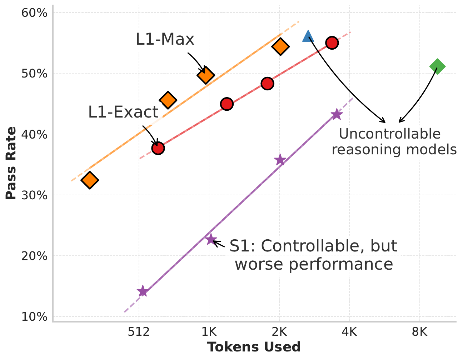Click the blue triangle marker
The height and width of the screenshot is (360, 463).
[x=308, y=36]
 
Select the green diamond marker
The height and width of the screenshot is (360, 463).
[x=437, y=66]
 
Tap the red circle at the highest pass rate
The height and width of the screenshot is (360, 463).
[x=332, y=43]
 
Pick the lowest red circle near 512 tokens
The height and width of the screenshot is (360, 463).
[x=158, y=148]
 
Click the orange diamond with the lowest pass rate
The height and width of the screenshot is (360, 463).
[x=90, y=180]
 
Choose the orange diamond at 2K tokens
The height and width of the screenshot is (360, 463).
[x=280, y=46]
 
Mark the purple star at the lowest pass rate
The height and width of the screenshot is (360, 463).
[x=143, y=291]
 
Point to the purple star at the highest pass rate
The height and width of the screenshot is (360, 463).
[x=337, y=115]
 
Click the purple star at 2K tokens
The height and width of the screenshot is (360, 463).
[x=280, y=160]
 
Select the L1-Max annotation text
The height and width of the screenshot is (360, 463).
[x=165, y=39]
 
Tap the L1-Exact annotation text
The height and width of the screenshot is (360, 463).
[x=123, y=112]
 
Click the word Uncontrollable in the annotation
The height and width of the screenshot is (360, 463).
[x=389, y=134]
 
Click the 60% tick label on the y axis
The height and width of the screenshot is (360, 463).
[x=35, y=13]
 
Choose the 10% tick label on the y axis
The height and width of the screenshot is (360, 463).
[x=35, y=317]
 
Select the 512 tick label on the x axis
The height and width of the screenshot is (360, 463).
[x=139, y=332]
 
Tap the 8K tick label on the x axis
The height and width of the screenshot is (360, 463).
[x=419, y=332]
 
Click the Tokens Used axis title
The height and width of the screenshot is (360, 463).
[x=254, y=347]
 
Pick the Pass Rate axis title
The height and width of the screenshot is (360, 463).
[x=11, y=163]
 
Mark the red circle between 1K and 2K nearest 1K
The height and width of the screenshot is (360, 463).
[x=226, y=104]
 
